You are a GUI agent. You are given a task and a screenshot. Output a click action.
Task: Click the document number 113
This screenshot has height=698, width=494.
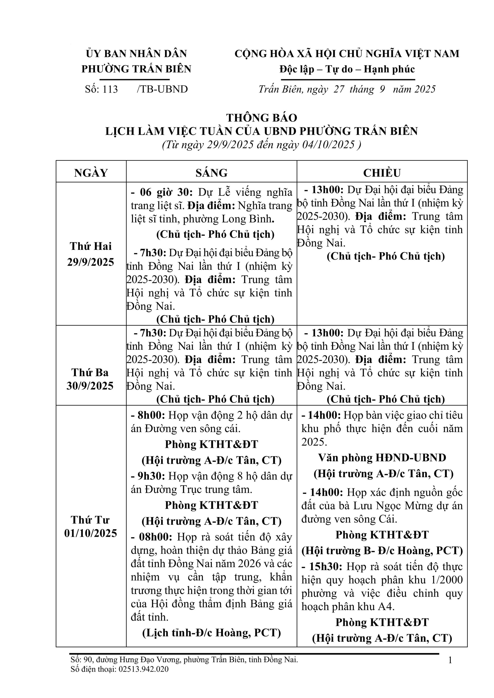coord(110,89)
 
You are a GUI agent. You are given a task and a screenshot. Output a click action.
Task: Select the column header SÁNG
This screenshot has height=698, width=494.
coord(211,173)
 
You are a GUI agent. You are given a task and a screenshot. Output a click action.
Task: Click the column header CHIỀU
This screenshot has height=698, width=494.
coord(382,173)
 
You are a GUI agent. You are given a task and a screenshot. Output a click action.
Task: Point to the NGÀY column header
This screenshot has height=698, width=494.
coord(91,173)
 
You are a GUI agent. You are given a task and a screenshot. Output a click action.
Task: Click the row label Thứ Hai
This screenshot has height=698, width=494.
coord(91,246)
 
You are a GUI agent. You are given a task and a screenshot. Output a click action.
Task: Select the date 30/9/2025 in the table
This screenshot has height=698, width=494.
coord(90,386)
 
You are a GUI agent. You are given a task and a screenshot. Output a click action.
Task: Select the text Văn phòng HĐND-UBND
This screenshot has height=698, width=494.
coord(382,457)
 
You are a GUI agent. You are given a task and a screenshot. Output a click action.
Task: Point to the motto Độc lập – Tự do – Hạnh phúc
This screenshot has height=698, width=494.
coord(347,69)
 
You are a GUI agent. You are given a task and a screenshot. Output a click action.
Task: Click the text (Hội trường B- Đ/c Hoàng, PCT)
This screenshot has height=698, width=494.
coord(382,550)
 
